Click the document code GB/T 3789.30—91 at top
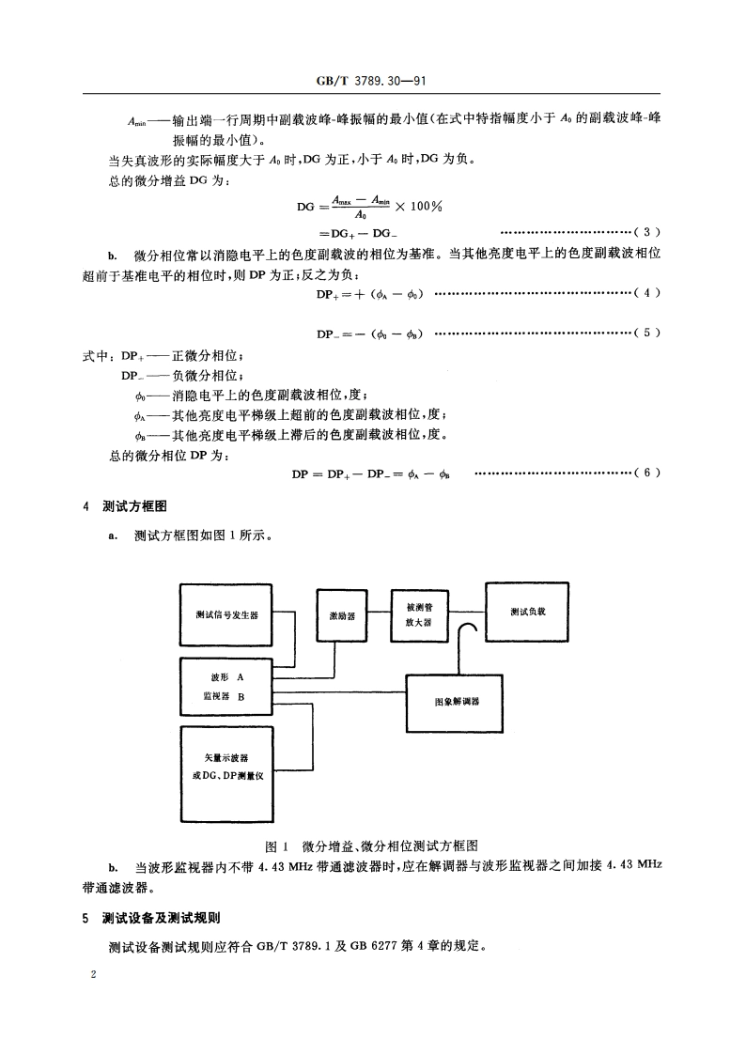click(x=373, y=83)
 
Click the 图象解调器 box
click(x=457, y=701)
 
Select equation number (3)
click(x=649, y=230)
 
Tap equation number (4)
click(x=649, y=294)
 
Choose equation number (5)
click(x=649, y=333)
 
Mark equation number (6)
click(x=649, y=473)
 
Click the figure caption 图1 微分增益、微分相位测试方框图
click(x=373, y=846)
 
